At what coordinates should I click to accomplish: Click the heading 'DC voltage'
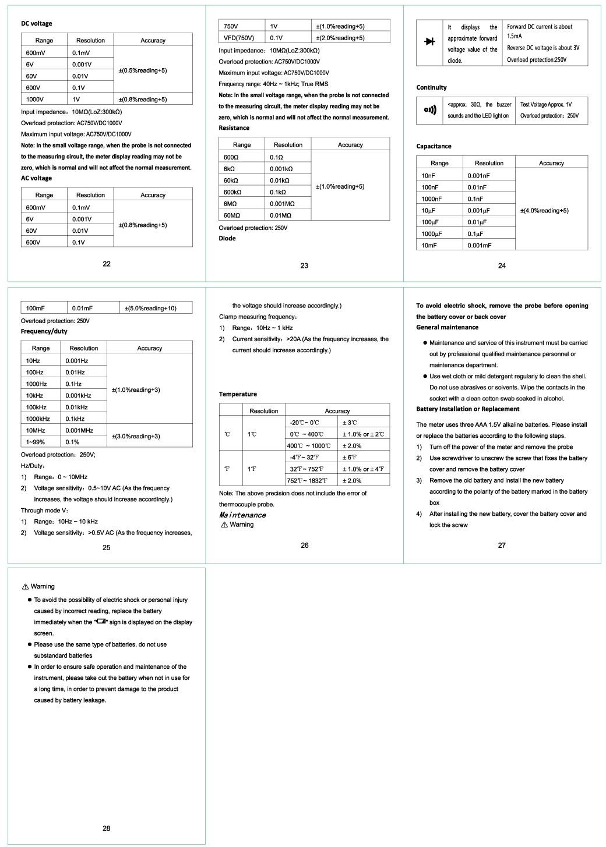(36, 23)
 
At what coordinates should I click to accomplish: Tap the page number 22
(107, 264)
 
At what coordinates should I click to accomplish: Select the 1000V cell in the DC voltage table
(35, 100)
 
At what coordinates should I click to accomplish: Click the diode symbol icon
(430, 41)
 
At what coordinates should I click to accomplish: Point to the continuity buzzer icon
(430, 110)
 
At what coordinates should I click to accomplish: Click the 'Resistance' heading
(234, 128)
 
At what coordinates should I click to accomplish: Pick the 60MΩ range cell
(232, 215)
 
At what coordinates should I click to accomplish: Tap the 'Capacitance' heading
(434, 146)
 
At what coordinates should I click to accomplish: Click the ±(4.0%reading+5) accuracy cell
(544, 211)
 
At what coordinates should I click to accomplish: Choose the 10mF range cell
(429, 246)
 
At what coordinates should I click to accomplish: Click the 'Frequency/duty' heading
(44, 331)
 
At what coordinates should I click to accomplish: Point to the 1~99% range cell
(36, 442)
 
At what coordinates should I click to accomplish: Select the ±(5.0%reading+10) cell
(150, 309)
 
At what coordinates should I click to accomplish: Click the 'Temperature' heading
(238, 394)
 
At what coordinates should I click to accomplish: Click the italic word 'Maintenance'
(242, 515)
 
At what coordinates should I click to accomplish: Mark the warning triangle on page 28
(25, 587)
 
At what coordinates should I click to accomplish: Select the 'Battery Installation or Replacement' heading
(459, 409)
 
